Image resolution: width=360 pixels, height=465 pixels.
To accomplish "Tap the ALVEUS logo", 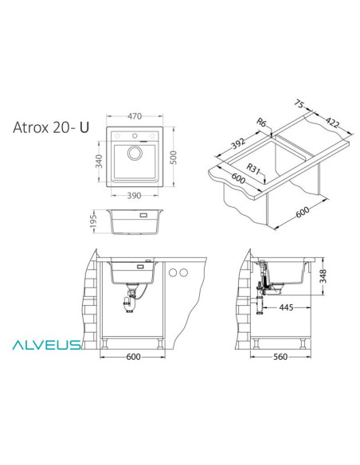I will coord(45,345).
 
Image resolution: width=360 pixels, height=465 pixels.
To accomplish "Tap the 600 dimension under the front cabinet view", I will coord(134,357).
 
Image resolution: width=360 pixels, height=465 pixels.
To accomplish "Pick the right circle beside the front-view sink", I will coord(186,273).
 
